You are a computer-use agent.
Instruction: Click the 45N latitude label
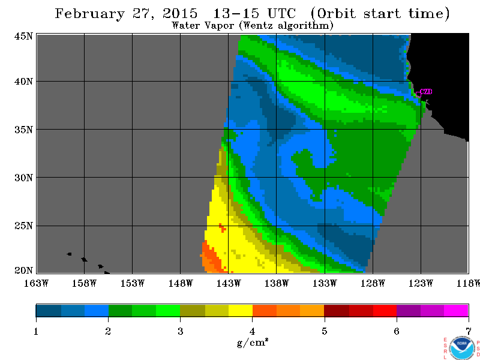click(x=23, y=36)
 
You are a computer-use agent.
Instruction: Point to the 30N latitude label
click(x=23, y=178)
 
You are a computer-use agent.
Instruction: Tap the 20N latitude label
click(x=23, y=271)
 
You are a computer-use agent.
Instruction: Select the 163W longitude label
click(x=36, y=283)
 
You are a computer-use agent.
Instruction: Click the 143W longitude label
click(x=229, y=283)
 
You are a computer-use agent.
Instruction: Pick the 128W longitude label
click(x=373, y=283)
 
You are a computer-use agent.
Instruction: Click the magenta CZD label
click(x=426, y=92)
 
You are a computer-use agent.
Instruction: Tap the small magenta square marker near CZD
click(x=418, y=95)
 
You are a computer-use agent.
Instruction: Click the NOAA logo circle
click(x=463, y=348)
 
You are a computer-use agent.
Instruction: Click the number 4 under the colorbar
click(x=252, y=331)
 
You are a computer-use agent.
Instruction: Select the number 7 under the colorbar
click(x=469, y=331)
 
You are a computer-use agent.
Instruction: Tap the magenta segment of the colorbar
click(x=456, y=310)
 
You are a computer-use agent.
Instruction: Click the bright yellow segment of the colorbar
click(x=241, y=310)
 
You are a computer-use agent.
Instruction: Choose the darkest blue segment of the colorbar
click(x=49, y=310)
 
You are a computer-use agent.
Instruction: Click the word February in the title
click(x=89, y=14)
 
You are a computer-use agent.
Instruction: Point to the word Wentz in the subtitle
click(x=257, y=25)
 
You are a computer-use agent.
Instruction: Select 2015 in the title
click(x=179, y=13)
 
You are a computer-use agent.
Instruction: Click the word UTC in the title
click(x=281, y=13)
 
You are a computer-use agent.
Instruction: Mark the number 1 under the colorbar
click(x=36, y=331)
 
